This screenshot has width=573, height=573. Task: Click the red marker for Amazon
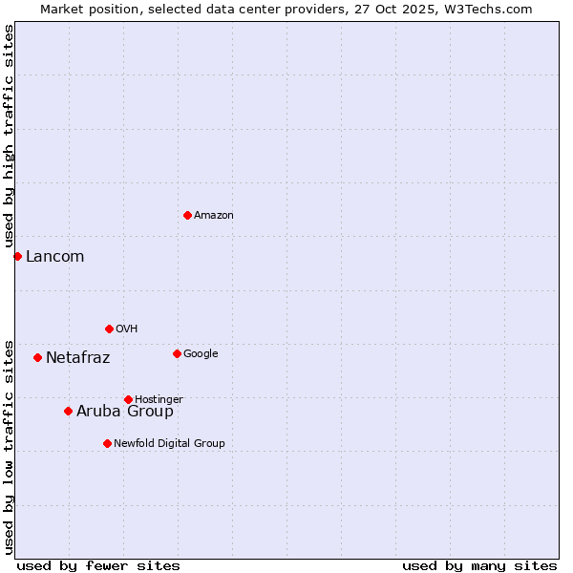(187, 215)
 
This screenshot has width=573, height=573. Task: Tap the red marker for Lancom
(17, 256)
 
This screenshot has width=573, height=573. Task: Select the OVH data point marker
(109, 329)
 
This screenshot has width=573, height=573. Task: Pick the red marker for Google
(177, 353)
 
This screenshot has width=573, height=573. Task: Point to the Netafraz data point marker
(37, 357)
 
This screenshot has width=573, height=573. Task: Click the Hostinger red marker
(128, 399)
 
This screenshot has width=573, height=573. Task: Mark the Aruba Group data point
(68, 411)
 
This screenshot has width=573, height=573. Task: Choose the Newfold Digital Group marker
(107, 443)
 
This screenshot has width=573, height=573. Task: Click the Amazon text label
(214, 216)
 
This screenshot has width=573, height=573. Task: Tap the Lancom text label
(54, 256)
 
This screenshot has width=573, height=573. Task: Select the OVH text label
(127, 329)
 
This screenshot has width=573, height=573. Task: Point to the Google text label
(201, 354)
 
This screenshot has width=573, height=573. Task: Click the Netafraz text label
(77, 358)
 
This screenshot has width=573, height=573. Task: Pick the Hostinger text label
(159, 399)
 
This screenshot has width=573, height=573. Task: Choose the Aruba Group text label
(125, 412)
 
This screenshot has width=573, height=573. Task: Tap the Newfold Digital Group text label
(169, 443)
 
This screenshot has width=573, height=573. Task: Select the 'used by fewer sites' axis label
(98, 565)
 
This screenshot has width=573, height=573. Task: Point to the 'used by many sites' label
(479, 565)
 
